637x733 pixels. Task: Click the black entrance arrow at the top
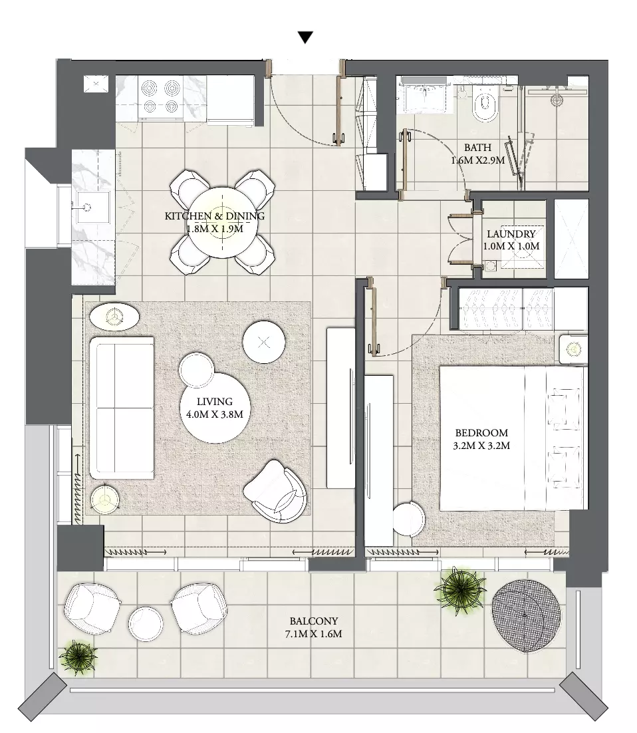pos(305,38)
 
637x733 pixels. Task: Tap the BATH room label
pos(477,147)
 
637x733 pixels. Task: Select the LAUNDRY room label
pos(511,233)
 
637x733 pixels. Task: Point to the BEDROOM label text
pos(481,433)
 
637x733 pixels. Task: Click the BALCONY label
pos(314,621)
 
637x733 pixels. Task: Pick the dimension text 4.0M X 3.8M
pos(215,414)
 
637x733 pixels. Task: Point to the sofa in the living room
pos(122,408)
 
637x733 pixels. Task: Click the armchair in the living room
pos(275,491)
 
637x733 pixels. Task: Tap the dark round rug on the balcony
pos(526,616)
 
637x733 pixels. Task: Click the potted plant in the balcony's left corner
pos(78,657)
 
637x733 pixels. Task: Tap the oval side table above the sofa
pos(114,317)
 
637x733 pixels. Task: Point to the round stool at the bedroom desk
pos(409,519)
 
